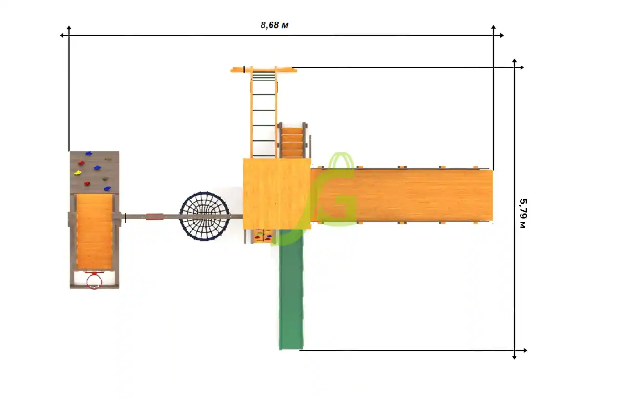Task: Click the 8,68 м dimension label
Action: (x=274, y=25)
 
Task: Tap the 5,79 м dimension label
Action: (x=523, y=213)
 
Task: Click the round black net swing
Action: (x=205, y=216)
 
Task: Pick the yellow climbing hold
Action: (x=77, y=173)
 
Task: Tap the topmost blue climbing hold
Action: (x=88, y=153)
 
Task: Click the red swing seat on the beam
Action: (x=154, y=217)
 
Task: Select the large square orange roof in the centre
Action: (x=276, y=194)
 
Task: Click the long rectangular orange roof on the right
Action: (x=402, y=195)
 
